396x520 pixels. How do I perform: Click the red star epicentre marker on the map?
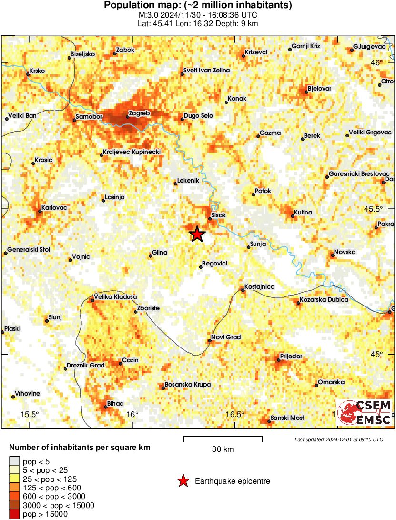tap(197, 234)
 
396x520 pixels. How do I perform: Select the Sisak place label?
tap(218, 215)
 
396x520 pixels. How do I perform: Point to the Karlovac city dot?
tap(40, 211)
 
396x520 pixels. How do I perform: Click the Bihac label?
tap(115, 403)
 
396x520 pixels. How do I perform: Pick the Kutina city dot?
tap(293, 217)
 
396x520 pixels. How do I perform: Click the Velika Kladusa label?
tap(116, 296)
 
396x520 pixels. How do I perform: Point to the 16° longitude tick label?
tap(133, 414)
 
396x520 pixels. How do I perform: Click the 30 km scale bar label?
tap(223, 449)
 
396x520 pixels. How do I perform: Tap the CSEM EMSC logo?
tap(365, 413)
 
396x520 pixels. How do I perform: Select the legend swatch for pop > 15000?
tap(15, 514)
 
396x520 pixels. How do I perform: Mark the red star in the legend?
tap(183, 481)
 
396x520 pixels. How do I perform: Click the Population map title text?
tap(198, 5)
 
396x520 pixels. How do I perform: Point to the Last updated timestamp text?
tap(338, 439)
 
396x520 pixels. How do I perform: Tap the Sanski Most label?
tap(287, 418)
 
